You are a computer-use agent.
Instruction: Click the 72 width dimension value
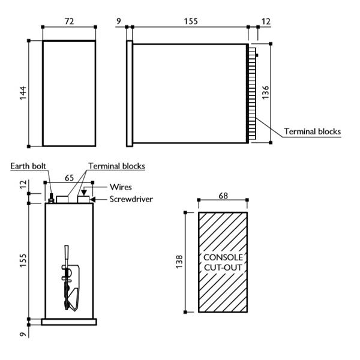coord(68,21)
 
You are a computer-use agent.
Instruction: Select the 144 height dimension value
coord(23,93)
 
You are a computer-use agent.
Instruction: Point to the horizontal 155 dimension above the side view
coord(190,21)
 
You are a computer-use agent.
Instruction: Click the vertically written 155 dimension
coord(23,261)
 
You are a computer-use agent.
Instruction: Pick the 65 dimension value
coord(69,178)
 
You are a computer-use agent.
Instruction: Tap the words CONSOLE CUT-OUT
coord(223,262)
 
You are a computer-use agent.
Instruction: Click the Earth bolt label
coord(28,166)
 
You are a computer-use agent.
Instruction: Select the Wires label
coord(121,187)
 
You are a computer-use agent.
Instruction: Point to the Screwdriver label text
coord(130,199)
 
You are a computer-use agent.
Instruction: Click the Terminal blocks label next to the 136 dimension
coord(312,131)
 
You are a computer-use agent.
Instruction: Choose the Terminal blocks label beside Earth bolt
coord(116,166)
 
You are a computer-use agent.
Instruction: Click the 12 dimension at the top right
coord(265,21)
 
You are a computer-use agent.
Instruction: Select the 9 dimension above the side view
coord(119,21)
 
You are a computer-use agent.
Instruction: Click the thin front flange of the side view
coord(128,93)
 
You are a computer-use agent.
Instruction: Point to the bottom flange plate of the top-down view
coord(69,322)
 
